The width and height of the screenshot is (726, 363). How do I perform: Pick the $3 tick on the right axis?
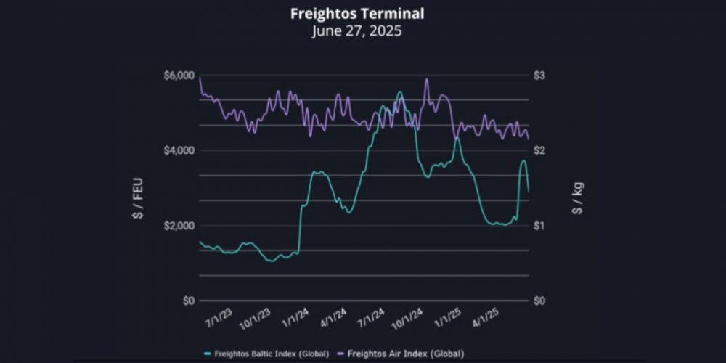540,76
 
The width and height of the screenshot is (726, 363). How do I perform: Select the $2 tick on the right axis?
540,150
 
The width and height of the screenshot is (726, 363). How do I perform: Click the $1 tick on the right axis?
540,226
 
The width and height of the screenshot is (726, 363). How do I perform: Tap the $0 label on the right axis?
540,301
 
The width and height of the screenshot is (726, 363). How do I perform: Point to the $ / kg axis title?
578,197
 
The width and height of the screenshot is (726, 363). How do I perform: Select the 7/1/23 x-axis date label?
219,317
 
